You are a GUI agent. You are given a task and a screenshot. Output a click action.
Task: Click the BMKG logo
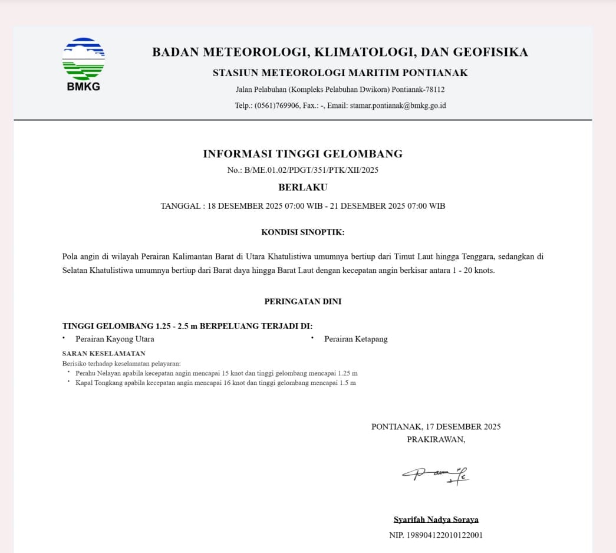[83, 64]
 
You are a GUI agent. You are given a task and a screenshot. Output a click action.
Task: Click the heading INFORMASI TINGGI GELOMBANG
[302, 154]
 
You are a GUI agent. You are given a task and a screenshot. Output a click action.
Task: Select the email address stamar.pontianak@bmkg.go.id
[398, 106]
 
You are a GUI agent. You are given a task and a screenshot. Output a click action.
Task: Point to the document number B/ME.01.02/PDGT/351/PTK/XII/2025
[311, 170]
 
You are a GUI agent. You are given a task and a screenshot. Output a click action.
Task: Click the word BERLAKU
[302, 187]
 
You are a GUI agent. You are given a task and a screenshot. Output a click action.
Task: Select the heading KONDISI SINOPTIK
[302, 232]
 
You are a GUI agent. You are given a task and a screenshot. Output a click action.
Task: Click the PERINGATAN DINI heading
[302, 301]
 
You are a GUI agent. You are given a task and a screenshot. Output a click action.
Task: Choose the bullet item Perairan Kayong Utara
[115, 339]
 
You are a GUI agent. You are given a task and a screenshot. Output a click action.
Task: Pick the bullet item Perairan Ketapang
[356, 339]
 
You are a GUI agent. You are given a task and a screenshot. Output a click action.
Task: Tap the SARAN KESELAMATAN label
[104, 354]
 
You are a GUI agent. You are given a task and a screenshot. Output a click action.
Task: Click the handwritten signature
[436, 473]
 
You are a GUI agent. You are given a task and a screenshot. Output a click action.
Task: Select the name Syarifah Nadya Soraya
[436, 519]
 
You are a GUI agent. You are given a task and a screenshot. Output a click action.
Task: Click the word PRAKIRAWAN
[436, 439]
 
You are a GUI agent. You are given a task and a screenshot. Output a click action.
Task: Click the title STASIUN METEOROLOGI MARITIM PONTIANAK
[340, 73]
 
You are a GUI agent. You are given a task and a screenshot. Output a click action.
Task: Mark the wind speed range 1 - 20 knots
[472, 271]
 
